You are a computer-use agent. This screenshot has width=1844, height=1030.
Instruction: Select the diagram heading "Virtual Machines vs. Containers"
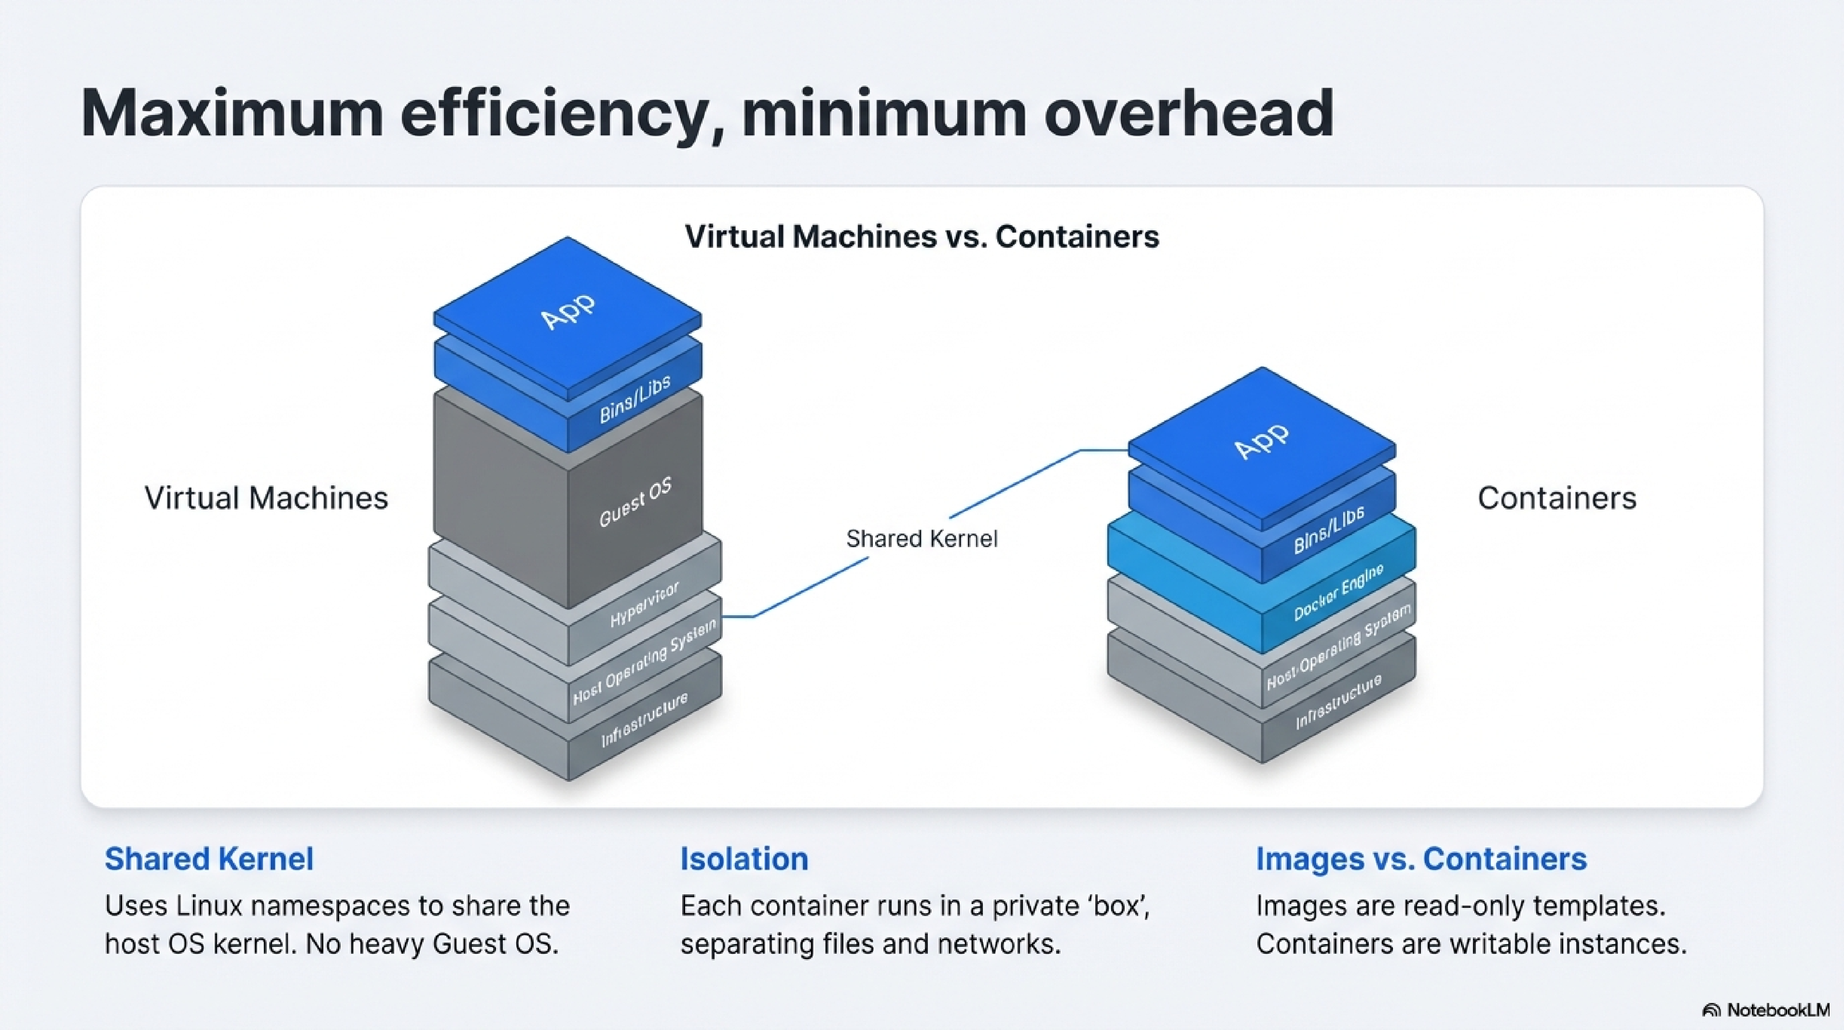(922, 236)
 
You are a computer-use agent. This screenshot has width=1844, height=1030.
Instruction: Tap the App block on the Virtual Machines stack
(567, 311)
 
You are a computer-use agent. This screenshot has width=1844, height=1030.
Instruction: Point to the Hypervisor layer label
(644, 605)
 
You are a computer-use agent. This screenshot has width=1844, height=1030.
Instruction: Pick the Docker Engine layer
(1339, 592)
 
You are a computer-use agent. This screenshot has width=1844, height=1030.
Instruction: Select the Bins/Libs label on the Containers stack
(1329, 530)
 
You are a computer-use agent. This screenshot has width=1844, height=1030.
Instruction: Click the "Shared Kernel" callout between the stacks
(922, 538)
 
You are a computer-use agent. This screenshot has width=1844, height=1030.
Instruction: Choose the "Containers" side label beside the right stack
(1557, 498)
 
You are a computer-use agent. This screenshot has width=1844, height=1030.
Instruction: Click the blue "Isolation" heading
(744, 859)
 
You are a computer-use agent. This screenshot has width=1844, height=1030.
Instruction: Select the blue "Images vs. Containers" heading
(1421, 859)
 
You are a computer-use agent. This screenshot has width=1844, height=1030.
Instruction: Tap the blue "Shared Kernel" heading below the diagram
(209, 859)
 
